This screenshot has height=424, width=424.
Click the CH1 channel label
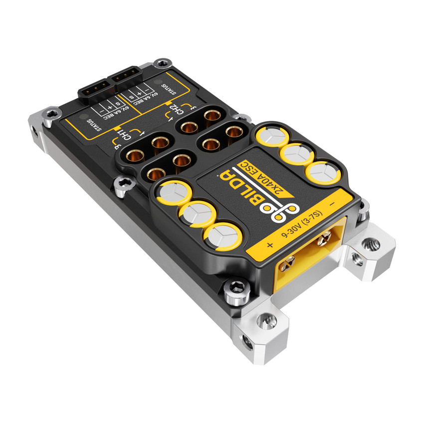(123, 134)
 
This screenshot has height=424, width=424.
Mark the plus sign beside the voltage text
(270, 245)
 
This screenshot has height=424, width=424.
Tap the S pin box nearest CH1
(118, 103)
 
